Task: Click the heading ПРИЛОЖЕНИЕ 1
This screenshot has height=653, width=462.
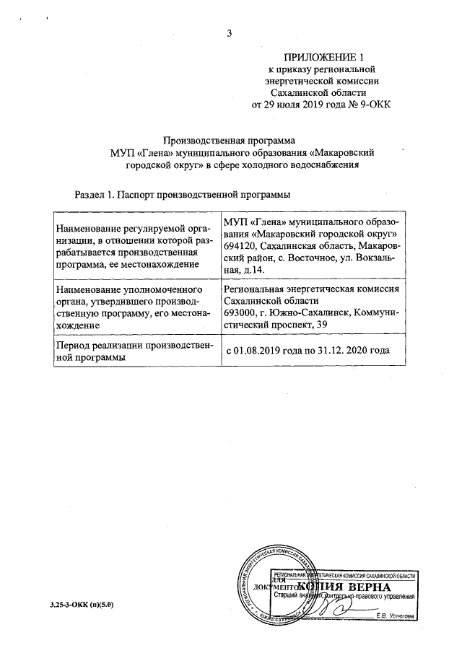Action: [322, 57]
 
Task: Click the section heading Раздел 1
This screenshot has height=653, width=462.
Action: [94, 195]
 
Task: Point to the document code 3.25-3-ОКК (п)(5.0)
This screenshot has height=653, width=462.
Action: [72, 604]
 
